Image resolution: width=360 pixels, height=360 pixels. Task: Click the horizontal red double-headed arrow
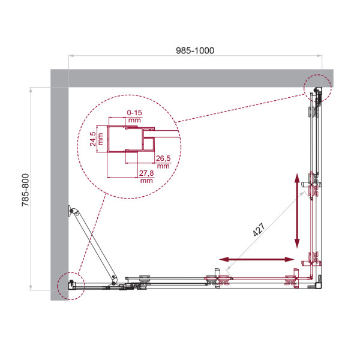click(256, 259)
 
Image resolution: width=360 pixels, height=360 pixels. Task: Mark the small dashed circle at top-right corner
click(317, 88)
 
